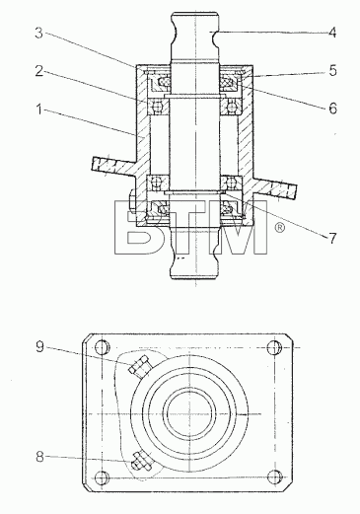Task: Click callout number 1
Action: point(39,110)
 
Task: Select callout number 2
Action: point(39,71)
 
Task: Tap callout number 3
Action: point(39,33)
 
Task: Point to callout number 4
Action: point(332,33)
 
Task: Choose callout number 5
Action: point(332,71)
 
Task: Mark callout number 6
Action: point(333,109)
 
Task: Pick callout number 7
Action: point(332,238)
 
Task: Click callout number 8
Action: point(39,457)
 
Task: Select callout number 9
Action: point(39,346)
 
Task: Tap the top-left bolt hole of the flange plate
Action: point(102,347)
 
